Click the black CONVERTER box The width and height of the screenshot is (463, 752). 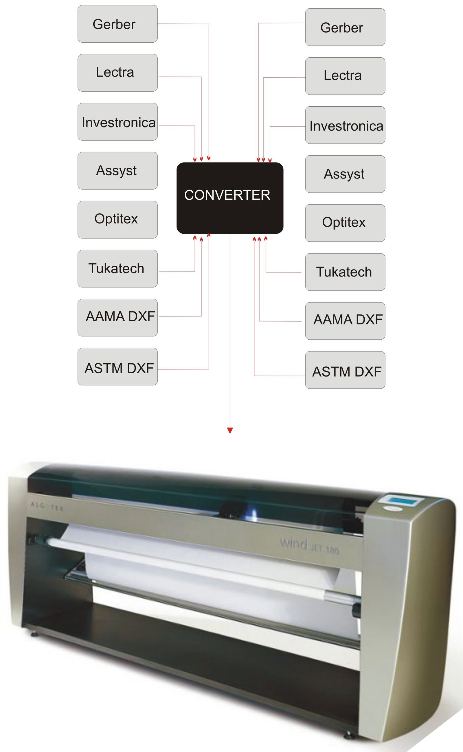click(x=230, y=198)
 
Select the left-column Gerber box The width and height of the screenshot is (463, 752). click(x=117, y=24)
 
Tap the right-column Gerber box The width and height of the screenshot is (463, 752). click(x=345, y=27)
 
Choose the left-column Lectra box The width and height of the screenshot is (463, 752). click(x=117, y=73)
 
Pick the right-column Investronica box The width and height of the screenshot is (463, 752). click(x=345, y=125)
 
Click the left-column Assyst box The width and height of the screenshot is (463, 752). click(x=117, y=170)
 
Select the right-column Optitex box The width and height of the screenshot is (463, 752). click(x=345, y=223)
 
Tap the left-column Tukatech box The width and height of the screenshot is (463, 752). click(x=117, y=269)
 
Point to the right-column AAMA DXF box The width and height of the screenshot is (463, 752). click(x=345, y=321)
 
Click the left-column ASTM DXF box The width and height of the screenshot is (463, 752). click(x=117, y=366)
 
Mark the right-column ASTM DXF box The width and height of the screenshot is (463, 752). click(x=345, y=370)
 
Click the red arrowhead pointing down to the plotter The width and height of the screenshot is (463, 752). click(x=230, y=430)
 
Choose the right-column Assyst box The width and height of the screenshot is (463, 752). click(x=345, y=174)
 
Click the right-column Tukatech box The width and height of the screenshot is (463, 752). click(x=345, y=272)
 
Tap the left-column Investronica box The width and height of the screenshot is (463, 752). click(x=117, y=122)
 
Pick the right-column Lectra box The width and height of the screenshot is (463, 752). click(x=345, y=76)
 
